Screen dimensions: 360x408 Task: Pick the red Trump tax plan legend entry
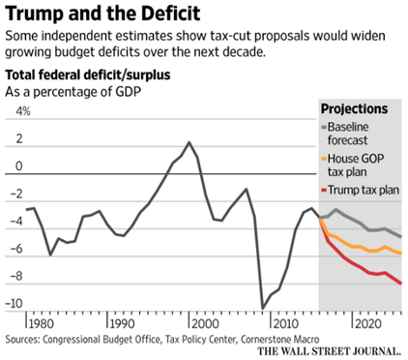[364, 192]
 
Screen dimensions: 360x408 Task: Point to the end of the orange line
[401, 253]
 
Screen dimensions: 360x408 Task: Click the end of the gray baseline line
[401, 237]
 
